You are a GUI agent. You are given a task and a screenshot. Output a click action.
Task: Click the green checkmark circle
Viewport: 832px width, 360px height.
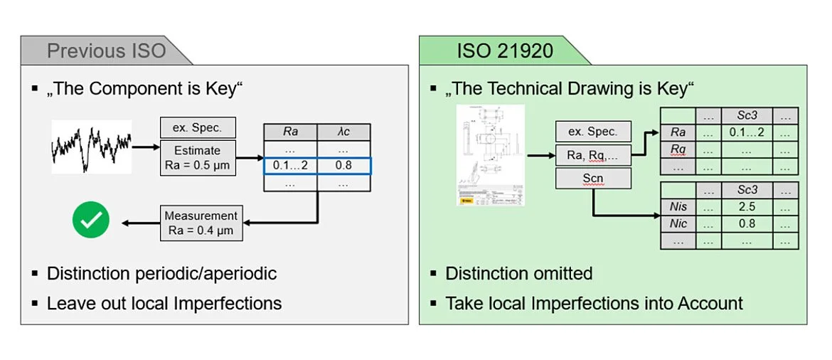click(x=90, y=221)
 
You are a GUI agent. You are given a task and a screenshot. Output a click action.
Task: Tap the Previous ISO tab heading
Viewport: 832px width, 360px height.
click(x=106, y=51)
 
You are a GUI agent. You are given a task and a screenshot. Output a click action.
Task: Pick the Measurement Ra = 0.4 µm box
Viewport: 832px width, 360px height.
click(x=200, y=223)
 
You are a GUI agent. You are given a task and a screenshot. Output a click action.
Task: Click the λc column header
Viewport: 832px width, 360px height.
click(x=344, y=132)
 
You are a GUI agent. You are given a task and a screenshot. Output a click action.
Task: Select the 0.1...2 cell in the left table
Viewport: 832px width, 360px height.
click(x=290, y=166)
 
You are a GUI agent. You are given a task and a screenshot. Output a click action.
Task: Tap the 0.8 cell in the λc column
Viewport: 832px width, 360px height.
click(x=344, y=166)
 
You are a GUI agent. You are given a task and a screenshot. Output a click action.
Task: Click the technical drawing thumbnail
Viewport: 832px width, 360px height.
click(x=490, y=155)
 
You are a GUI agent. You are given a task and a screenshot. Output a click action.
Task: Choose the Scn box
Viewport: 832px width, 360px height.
click(x=593, y=178)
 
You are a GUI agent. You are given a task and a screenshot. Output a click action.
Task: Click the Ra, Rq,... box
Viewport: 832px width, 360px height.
click(x=593, y=154)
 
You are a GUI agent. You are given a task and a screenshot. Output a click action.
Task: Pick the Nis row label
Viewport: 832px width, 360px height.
click(x=678, y=207)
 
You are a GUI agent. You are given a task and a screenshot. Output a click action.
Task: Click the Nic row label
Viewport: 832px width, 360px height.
click(x=678, y=223)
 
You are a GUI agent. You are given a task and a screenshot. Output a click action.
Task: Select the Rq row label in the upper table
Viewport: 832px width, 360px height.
click(x=678, y=149)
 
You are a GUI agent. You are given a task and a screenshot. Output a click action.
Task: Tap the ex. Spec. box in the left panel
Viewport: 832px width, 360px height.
click(x=198, y=128)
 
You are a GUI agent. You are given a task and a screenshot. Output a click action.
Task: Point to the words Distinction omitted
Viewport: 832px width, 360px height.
click(x=518, y=273)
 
